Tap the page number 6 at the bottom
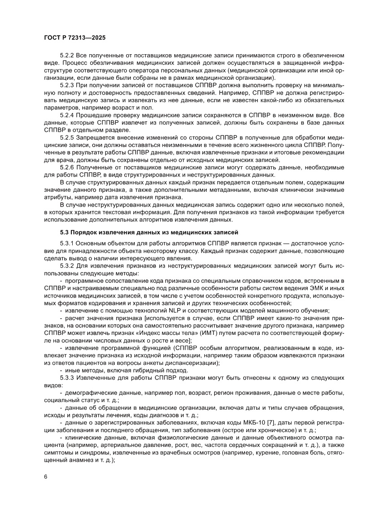click(x=46, y=476)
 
